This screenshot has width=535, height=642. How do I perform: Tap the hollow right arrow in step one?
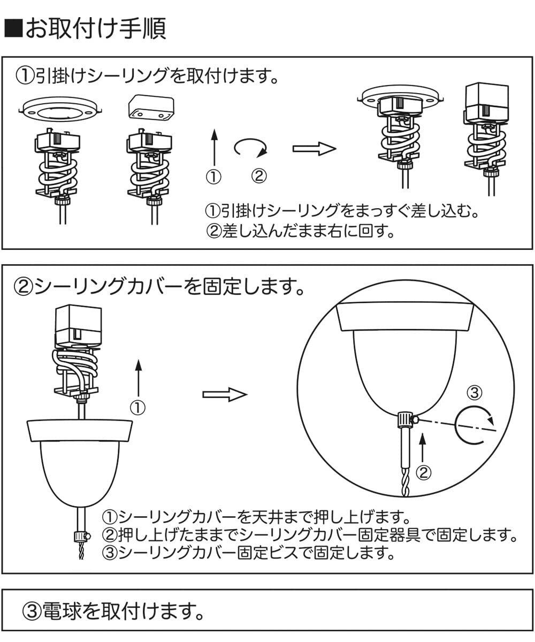(x=314, y=149)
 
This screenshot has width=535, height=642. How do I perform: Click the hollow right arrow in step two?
(x=225, y=395)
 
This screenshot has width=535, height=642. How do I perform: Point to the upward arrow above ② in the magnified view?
(x=423, y=446)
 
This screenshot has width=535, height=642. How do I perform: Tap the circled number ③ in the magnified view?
(x=475, y=393)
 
